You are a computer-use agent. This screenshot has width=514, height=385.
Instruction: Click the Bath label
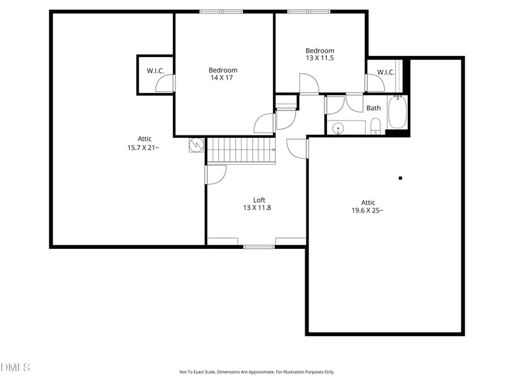click(373, 108)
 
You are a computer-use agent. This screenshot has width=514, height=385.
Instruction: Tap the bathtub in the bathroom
click(398, 112)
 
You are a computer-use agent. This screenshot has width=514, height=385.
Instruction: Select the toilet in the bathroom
click(377, 126)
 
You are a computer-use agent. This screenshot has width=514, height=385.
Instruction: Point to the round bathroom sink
click(337, 128)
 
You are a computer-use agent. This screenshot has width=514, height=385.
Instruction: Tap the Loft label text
click(258, 200)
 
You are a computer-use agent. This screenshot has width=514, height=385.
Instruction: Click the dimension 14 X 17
click(223, 78)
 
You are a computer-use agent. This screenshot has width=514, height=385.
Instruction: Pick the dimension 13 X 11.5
click(319, 58)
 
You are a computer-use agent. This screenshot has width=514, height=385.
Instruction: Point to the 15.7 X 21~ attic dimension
click(144, 148)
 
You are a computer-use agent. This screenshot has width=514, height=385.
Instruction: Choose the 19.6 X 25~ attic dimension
click(368, 210)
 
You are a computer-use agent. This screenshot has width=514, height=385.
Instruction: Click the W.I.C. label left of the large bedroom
click(154, 71)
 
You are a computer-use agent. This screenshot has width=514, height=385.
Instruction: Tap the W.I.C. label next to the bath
click(385, 73)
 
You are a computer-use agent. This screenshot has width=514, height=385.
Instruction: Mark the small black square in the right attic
click(400, 178)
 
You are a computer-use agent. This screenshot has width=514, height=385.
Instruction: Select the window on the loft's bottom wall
click(258, 246)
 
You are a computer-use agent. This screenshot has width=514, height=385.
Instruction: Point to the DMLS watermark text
click(15, 368)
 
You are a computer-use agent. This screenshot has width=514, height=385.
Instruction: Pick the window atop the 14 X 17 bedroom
click(221, 11)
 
